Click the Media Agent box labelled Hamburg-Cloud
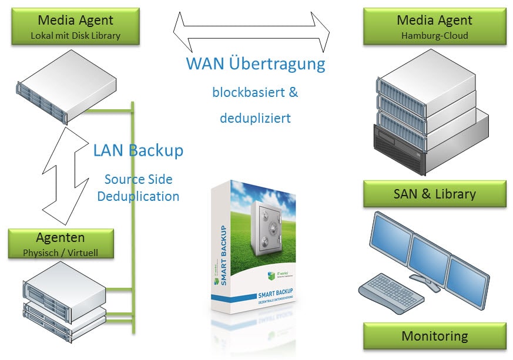[x=434, y=26]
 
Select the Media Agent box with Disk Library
[x=75, y=26]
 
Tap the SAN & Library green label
[x=434, y=194]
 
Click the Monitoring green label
[x=434, y=337]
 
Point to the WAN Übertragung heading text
[x=256, y=63]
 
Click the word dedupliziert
[x=256, y=118]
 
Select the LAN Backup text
[x=138, y=150]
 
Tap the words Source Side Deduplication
[x=138, y=187]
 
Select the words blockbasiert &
[x=256, y=92]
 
